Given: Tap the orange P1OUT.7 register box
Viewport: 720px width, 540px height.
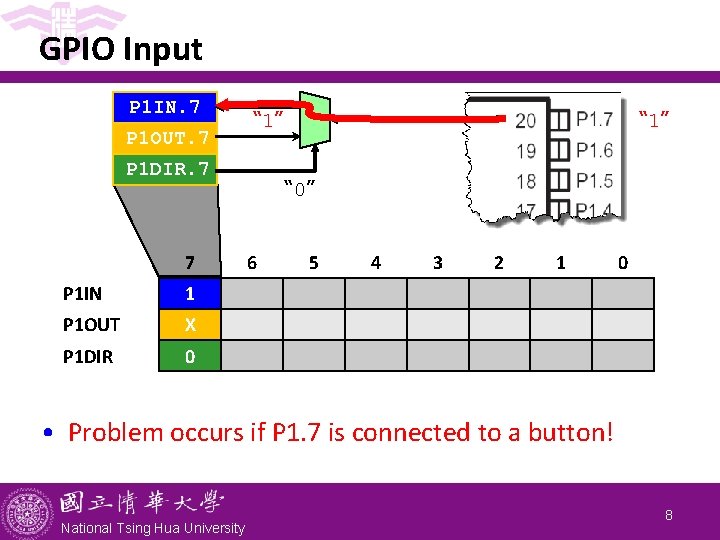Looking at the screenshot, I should [166, 137].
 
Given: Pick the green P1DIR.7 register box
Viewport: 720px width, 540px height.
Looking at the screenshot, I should [166, 169].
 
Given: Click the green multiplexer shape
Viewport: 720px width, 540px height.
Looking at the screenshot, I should [316, 119].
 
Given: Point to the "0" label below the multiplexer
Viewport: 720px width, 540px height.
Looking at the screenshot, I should [301, 187].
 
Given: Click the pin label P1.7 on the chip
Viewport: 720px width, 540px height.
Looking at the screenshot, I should [595, 121].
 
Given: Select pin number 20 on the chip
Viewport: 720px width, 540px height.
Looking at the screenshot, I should [525, 121].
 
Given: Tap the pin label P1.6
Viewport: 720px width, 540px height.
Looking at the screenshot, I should [595, 151].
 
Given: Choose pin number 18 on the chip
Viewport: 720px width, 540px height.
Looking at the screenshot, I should [525, 181].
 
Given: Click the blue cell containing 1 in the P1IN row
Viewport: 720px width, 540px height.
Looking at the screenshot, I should [190, 294].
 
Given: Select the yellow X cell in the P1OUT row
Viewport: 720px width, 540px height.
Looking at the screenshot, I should [190, 325].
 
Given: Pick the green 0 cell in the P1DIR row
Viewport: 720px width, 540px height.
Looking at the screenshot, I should [190, 356].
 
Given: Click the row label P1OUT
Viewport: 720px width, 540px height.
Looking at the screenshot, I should [91, 325].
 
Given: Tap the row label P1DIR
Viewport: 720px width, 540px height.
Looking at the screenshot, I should [88, 356].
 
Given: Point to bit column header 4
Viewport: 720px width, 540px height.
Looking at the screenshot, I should [375, 263].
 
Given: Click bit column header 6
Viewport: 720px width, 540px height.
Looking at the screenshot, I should [252, 263].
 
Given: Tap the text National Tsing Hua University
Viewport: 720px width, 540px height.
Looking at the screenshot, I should [152, 527].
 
